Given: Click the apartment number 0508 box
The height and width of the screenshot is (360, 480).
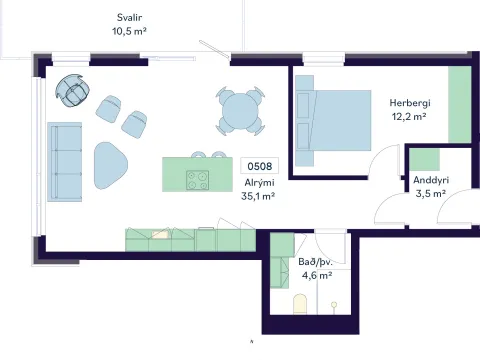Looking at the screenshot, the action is tap(260, 166).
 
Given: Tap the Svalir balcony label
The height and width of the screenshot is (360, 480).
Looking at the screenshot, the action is tap(129, 17).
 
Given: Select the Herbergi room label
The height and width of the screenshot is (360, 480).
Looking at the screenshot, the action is tap(410, 103).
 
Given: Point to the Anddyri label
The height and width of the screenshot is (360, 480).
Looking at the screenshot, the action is tap(431, 180).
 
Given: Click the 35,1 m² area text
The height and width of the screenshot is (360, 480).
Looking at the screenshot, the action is tap(258, 196).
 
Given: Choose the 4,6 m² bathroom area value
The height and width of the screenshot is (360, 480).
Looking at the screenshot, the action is tap(317, 276).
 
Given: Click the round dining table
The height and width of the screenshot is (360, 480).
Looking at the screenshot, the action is tap(240, 111).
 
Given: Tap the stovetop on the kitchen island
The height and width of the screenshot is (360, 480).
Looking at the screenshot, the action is tap(198, 180).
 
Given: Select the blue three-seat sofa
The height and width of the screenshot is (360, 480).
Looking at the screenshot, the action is tap(65, 162).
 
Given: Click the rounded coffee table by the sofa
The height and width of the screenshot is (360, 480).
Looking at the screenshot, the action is tap(110, 165).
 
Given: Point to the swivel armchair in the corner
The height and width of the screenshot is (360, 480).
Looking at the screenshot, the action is tap(72, 90).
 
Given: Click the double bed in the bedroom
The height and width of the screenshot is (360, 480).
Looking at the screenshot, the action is tap(333, 120).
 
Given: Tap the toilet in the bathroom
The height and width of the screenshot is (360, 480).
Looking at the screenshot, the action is tap(300, 304).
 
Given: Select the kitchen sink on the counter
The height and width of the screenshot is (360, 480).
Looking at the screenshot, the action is tap(160, 235).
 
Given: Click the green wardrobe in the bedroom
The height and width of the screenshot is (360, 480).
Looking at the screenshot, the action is tap(460, 104).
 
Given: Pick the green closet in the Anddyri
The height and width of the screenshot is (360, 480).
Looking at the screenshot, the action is tap(424, 160).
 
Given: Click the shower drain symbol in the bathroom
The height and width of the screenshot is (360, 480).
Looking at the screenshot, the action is tap(334, 304).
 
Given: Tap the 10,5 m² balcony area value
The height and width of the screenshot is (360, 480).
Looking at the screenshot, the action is tap(129, 31).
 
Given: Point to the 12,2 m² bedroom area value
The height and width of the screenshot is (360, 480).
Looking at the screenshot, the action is tap(409, 117).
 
